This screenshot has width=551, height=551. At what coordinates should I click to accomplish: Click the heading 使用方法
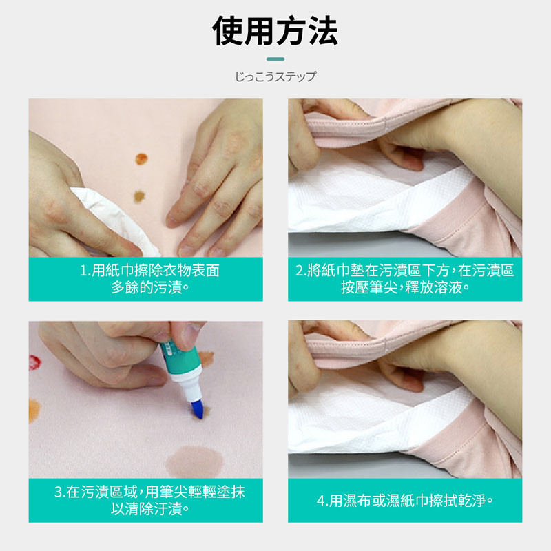[x=275, y=31]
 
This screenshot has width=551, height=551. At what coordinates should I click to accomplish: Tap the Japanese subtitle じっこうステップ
[x=275, y=76]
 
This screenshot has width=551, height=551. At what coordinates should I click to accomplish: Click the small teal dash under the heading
[x=275, y=59]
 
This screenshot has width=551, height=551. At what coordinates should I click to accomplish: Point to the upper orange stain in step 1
[x=141, y=159]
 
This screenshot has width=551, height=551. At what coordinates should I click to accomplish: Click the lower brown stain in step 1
[x=139, y=196]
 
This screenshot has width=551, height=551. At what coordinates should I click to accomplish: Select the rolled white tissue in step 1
[x=114, y=220]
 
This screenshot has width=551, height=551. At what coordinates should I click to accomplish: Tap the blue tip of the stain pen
[x=198, y=409]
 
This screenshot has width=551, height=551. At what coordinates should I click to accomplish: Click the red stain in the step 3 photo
[x=34, y=363]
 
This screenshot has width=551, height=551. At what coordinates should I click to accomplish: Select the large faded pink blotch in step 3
[x=195, y=462]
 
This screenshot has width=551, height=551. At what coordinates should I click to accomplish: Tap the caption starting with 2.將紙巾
[x=405, y=279]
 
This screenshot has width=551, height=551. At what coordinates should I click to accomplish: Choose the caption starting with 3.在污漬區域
[x=149, y=501]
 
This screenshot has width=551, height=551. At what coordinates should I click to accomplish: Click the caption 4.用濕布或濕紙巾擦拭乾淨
[x=405, y=501]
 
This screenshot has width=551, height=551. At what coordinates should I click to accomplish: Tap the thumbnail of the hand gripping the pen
[x=146, y=399]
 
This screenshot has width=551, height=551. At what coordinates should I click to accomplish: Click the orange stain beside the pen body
[x=207, y=359]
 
